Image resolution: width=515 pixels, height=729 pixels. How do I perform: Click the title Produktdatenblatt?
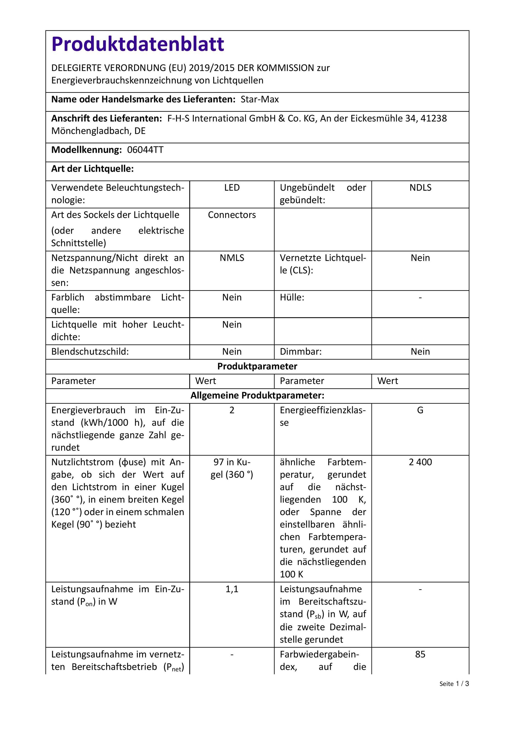138,44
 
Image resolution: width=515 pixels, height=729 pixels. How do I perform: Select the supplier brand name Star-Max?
260,99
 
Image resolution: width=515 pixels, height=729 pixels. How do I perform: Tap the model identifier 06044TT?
145,150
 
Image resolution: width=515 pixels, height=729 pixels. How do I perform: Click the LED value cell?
232,188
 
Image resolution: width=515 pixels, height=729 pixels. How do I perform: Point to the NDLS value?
420,188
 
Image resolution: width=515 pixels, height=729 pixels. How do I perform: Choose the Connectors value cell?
232,215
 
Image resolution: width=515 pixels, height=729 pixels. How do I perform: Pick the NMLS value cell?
232,258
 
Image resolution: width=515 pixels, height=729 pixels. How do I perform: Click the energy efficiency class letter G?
420,410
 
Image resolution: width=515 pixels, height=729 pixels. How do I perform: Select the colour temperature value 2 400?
420,462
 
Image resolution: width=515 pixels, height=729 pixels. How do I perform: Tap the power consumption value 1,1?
232,589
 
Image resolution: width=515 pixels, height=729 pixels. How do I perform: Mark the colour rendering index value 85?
420,654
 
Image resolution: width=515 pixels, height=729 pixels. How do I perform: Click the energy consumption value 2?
232,410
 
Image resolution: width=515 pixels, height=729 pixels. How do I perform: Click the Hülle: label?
292,297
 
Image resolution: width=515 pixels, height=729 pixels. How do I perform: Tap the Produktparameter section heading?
257,366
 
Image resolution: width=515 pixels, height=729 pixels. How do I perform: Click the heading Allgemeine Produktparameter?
257,396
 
